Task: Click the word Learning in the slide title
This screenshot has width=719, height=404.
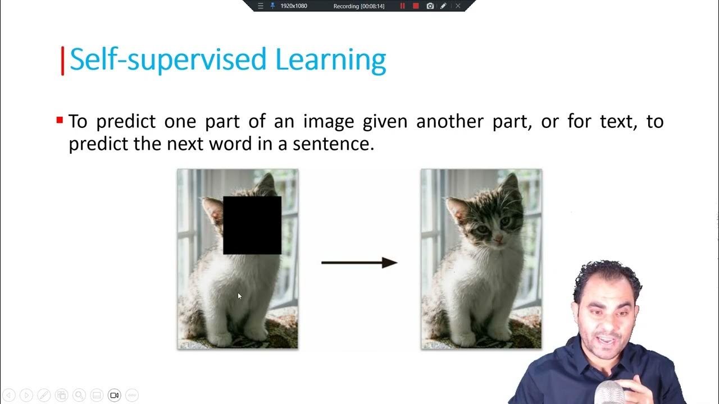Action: tap(330, 59)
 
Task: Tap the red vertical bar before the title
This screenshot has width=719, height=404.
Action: tap(62, 61)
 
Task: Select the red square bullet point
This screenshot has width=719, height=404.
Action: tap(60, 120)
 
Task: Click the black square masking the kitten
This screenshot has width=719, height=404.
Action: tap(252, 224)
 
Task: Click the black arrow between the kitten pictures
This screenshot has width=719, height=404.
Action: tap(359, 263)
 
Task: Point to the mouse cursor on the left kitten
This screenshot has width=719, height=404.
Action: tap(239, 296)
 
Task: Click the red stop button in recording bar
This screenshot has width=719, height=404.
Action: tap(416, 6)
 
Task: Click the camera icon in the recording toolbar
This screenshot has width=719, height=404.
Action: tap(430, 6)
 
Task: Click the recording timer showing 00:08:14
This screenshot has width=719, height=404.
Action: tap(359, 6)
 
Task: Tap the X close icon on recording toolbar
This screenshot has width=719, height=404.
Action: tap(458, 6)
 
